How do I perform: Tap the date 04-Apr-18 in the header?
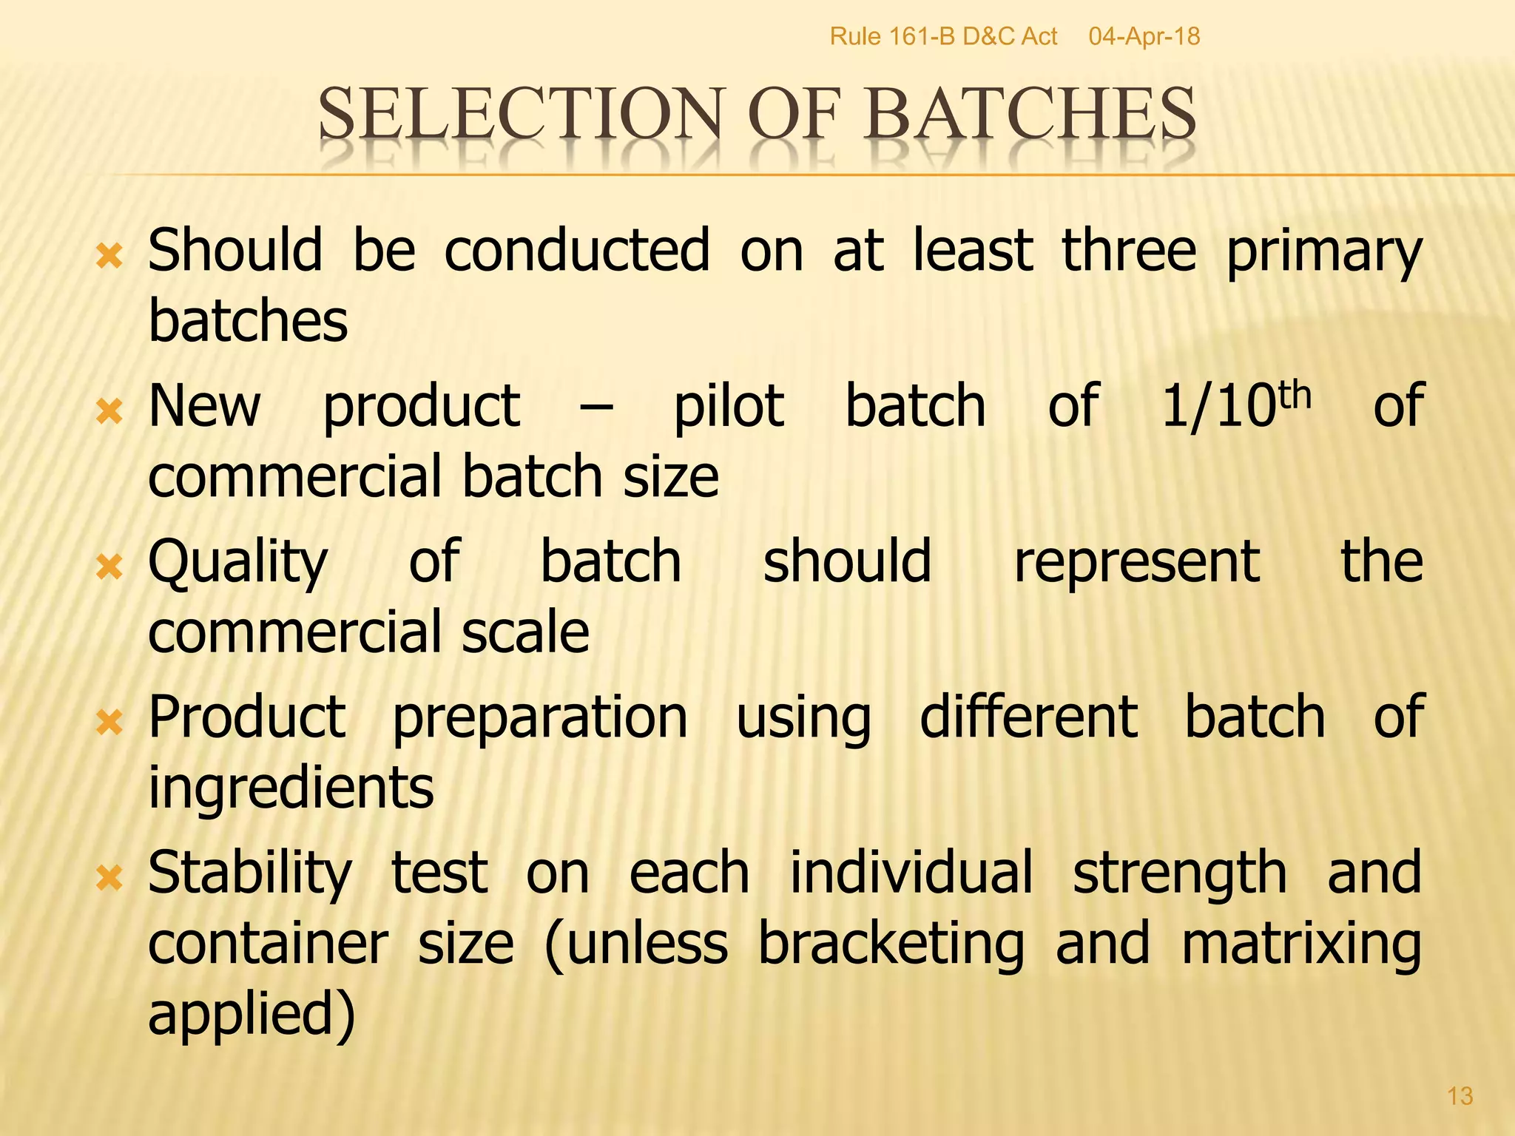(1144, 36)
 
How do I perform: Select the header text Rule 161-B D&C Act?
(943, 36)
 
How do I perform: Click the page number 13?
(1460, 1095)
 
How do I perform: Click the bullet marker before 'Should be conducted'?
(109, 257)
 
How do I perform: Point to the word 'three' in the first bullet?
(1129, 251)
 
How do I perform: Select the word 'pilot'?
(729, 407)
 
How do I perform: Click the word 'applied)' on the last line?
(252, 1015)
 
